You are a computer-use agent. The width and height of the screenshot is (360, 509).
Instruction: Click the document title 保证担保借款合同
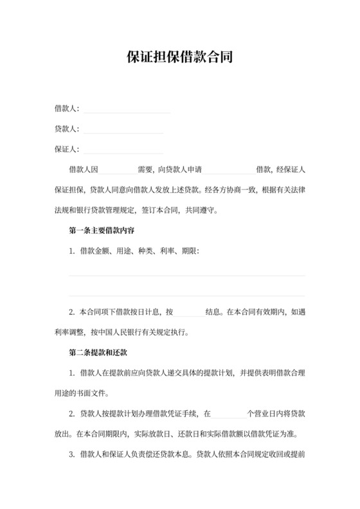(x=179, y=57)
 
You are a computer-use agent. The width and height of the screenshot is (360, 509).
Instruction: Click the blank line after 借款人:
(x=126, y=111)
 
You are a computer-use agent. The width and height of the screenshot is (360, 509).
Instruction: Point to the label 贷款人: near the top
(x=67, y=129)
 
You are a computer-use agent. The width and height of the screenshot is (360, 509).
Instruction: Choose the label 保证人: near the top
(x=67, y=149)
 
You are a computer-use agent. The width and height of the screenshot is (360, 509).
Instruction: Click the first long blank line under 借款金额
(x=186, y=275)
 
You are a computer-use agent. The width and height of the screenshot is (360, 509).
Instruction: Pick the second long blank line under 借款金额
(x=186, y=296)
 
